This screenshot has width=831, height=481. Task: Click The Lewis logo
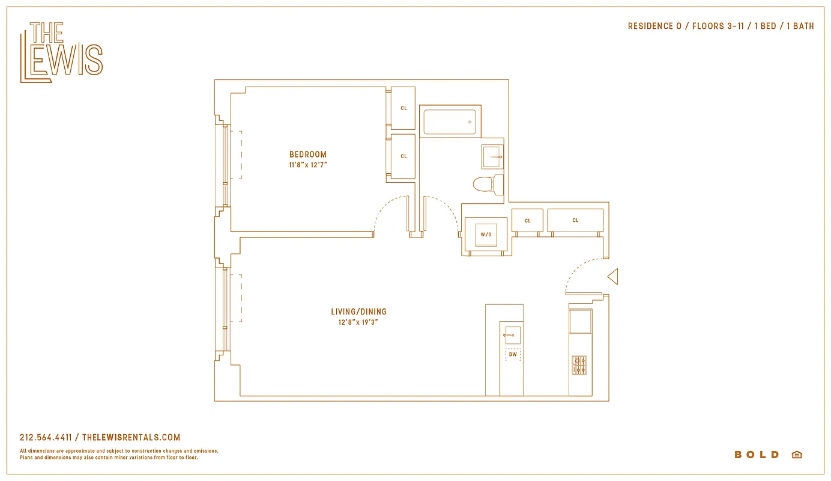tap(61, 52)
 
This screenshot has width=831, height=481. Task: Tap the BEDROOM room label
tap(308, 155)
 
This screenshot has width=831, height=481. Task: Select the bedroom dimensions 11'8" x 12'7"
tap(308, 164)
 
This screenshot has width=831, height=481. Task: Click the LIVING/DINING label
tap(358, 311)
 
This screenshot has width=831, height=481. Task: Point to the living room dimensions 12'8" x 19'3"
tap(358, 322)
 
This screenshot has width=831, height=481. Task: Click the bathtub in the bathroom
tap(449, 122)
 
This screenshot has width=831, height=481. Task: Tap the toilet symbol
tap(487, 183)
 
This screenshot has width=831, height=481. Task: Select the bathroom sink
tap(492, 156)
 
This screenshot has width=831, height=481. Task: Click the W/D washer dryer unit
tap(486, 234)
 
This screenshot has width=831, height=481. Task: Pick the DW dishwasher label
tap(513, 355)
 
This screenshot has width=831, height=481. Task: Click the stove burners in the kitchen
tap(579, 365)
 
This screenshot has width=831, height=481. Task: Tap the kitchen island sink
tap(512, 335)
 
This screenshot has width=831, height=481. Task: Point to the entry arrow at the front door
tap(612, 277)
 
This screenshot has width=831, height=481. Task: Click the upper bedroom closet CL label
tap(403, 108)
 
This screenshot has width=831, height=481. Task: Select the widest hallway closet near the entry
tap(575, 220)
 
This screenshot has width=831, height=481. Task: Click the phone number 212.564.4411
tap(46, 438)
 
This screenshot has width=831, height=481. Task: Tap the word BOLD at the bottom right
tap(757, 455)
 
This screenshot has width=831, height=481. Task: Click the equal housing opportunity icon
tap(797, 455)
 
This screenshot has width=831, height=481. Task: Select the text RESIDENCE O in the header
tap(650, 26)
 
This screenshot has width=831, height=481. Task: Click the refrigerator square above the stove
tap(580, 322)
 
